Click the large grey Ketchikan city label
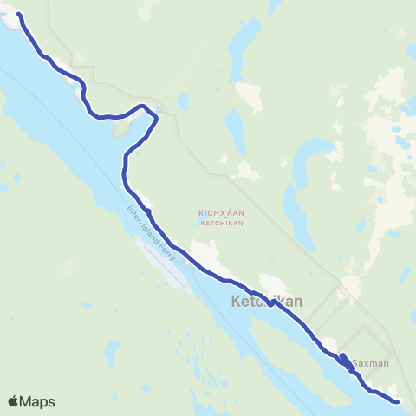267,302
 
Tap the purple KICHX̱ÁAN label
220,211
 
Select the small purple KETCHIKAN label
220,223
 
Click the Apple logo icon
14,401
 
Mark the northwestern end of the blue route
19,15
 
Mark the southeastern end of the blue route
397,401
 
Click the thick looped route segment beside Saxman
346,362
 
